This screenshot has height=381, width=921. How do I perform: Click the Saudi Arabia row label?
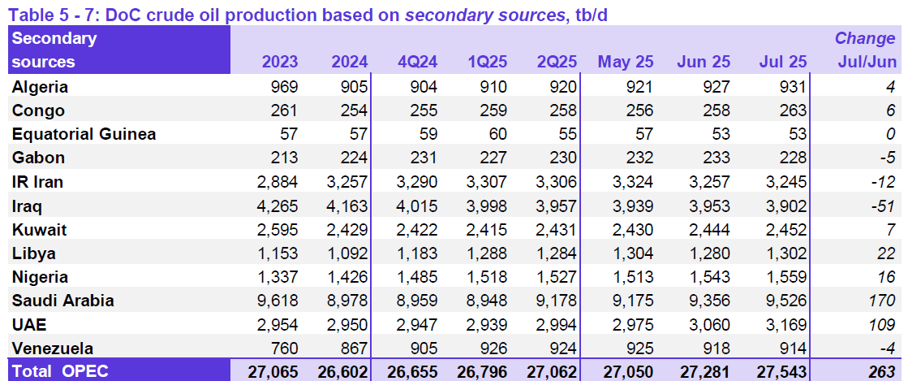click(62, 301)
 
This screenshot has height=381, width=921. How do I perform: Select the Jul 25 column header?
click(783, 62)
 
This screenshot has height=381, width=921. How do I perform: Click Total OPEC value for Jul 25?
click(779, 371)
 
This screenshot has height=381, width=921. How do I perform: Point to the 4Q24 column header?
click(418, 62)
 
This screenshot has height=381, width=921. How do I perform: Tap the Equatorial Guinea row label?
click(84, 134)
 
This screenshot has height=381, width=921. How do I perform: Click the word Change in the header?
click(865, 38)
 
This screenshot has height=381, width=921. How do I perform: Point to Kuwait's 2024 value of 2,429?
click(345, 229)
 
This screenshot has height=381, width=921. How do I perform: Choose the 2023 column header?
click(280, 62)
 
